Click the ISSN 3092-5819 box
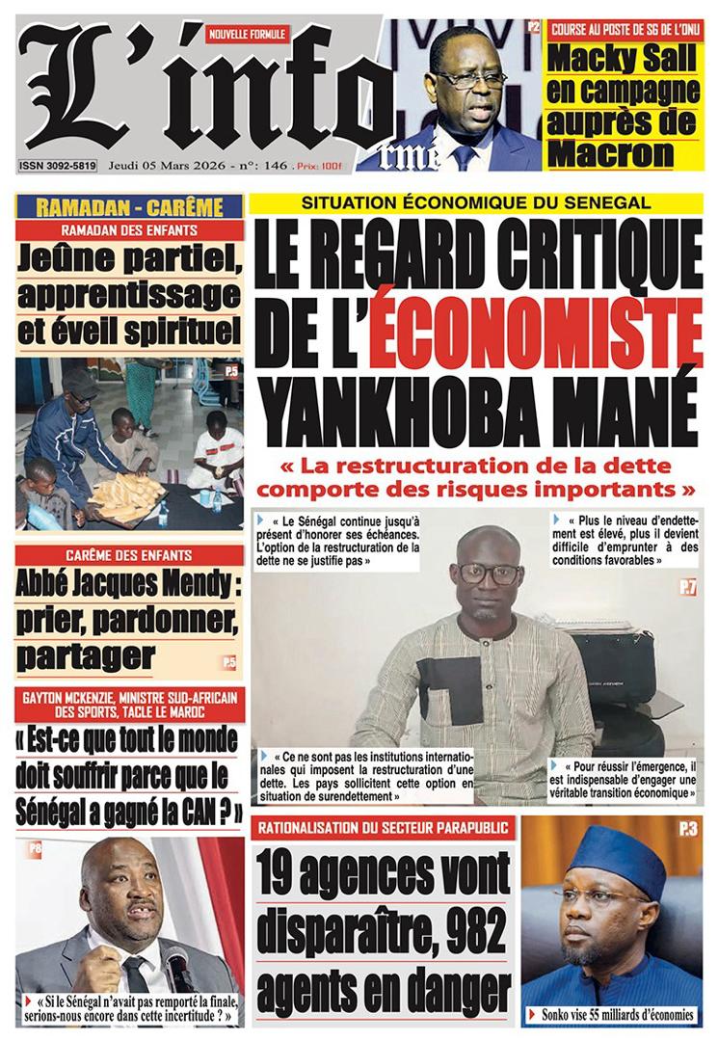58,167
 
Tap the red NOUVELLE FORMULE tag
248,34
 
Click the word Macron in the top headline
609,151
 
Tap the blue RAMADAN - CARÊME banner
128,206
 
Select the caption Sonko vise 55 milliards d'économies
617,1014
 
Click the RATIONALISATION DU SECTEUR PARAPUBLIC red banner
383,828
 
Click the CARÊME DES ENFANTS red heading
128,555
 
